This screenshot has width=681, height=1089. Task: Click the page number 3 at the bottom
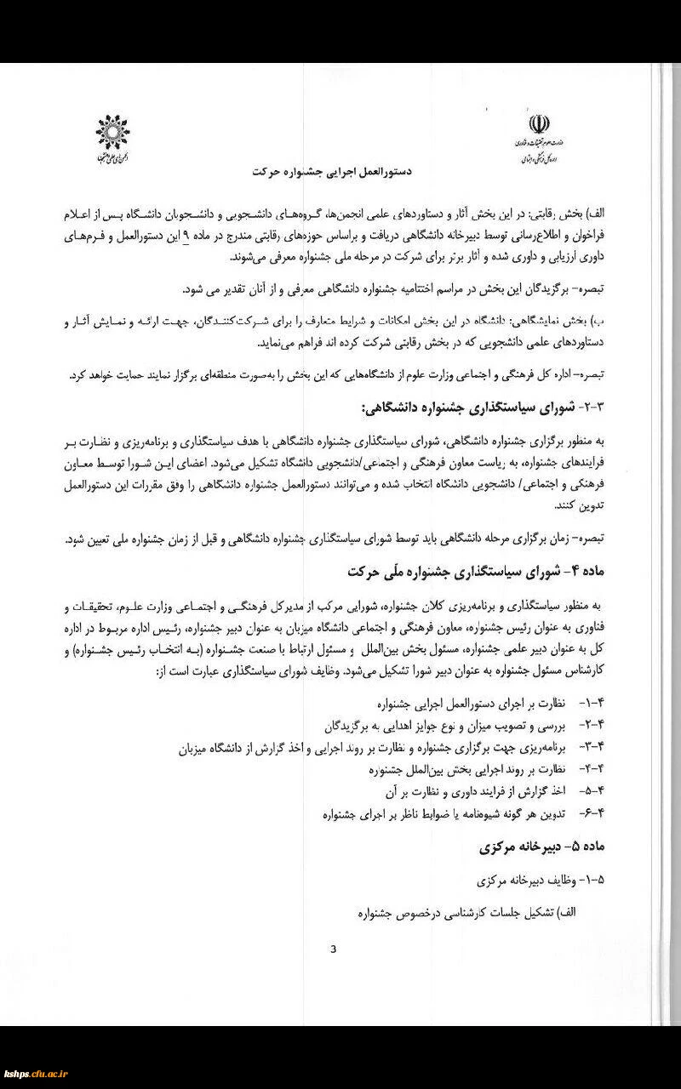coord(334,949)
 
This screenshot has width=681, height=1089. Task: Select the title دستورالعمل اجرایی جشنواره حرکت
coord(332,171)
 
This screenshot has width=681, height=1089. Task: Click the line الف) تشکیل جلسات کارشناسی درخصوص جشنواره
coord(466,911)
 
